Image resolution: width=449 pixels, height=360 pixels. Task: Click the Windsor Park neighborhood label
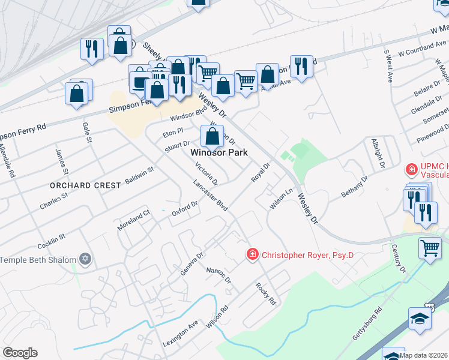[x=219, y=153]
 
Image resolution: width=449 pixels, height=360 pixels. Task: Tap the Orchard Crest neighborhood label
[x=86, y=185]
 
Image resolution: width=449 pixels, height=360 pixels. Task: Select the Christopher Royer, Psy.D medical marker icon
[x=253, y=255]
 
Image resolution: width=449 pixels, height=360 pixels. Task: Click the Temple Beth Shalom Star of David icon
[x=85, y=260]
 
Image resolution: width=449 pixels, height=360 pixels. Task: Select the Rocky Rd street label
[x=265, y=293]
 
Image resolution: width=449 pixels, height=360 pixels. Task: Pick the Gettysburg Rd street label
[x=367, y=325]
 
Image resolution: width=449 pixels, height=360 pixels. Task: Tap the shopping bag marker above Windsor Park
[x=212, y=136]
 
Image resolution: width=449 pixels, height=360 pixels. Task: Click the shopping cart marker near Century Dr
[x=430, y=248]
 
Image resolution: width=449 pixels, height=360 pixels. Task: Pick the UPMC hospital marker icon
[x=412, y=169]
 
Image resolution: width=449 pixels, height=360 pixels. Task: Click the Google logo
[x=20, y=353]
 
